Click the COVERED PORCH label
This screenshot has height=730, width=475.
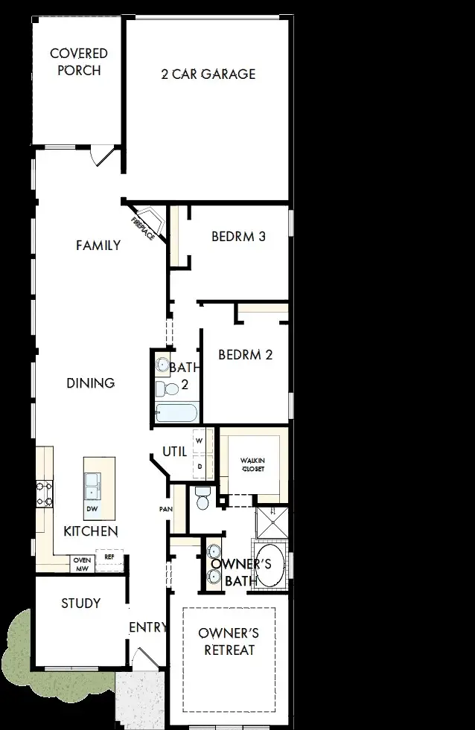[x=78, y=62]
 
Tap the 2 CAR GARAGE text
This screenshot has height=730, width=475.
[x=208, y=74]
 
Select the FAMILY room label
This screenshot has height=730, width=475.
[x=98, y=245]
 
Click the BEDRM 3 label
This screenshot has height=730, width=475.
[x=238, y=237]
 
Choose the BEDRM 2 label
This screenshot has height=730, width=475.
[x=245, y=354]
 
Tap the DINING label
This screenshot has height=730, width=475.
[x=90, y=383]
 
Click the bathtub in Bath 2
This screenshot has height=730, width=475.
[x=176, y=413]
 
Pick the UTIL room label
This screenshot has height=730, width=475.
[x=174, y=452]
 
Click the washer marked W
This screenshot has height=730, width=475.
[x=199, y=441]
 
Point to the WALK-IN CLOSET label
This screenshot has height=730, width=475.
[x=252, y=465]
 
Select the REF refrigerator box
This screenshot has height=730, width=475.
[x=109, y=556]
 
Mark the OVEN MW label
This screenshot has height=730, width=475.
[x=81, y=564]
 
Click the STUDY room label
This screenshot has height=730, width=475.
[x=80, y=603]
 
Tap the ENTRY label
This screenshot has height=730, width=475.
[x=147, y=627]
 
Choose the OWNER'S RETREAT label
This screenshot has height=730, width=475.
[x=229, y=641]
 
